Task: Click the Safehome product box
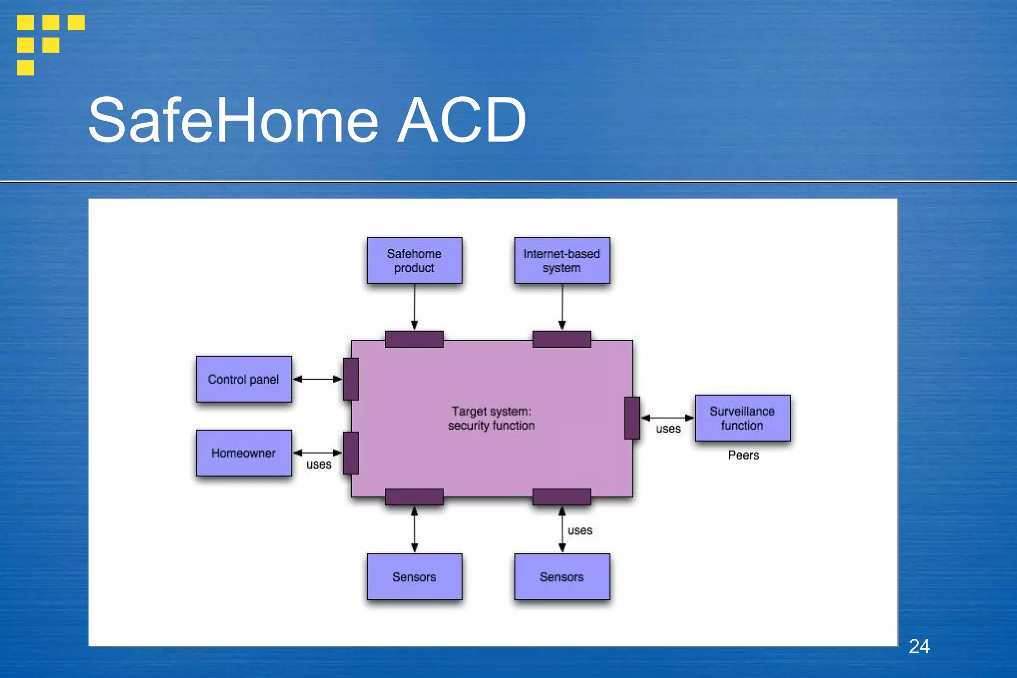tap(414, 260)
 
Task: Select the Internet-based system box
tap(562, 260)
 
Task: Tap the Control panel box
tap(243, 379)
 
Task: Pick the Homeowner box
tap(243, 453)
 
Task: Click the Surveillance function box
tap(742, 418)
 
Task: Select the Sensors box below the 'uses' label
tap(562, 577)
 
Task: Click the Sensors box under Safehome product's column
tap(414, 577)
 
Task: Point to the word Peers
tap(743, 455)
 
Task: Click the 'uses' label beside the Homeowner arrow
tap(318, 465)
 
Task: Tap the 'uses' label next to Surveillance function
tap(668, 429)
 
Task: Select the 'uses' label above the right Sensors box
tap(580, 530)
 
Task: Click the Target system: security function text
tap(491, 418)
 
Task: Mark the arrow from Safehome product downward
tap(414, 307)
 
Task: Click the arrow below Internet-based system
tap(562, 307)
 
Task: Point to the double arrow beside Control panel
tap(317, 379)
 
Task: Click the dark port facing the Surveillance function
tap(632, 418)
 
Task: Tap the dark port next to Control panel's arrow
tap(351, 379)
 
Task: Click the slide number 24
tap(919, 646)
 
